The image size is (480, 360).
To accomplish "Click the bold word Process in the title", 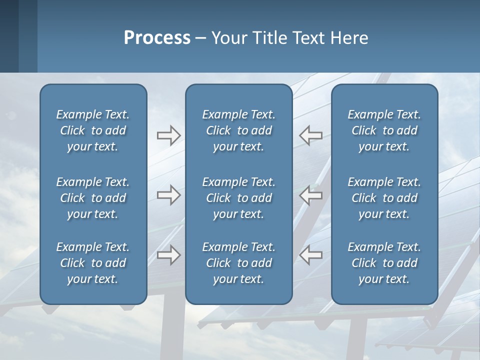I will click(x=157, y=38).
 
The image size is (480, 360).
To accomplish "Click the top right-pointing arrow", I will click(x=168, y=135).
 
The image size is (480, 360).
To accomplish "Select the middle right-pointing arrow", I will click(x=168, y=195).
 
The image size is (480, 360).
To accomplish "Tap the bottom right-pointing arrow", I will click(x=168, y=255).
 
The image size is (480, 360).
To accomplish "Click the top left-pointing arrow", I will click(x=310, y=135).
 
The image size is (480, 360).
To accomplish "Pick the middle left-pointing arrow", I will click(x=310, y=195).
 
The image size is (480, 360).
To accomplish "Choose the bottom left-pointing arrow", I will click(x=310, y=255).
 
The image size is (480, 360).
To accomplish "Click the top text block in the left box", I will click(x=93, y=130).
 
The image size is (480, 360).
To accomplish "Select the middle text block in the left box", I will click(x=93, y=198).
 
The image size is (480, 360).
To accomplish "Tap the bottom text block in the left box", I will click(x=93, y=263).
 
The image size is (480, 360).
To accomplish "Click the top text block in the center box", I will click(x=238, y=130).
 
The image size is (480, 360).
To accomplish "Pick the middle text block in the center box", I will click(x=238, y=198).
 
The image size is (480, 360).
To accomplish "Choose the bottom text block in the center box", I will click(x=238, y=263).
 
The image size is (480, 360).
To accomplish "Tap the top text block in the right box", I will click(x=384, y=130).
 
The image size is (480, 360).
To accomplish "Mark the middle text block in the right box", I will click(x=384, y=198).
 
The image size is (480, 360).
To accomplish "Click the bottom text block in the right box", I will click(x=384, y=263).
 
